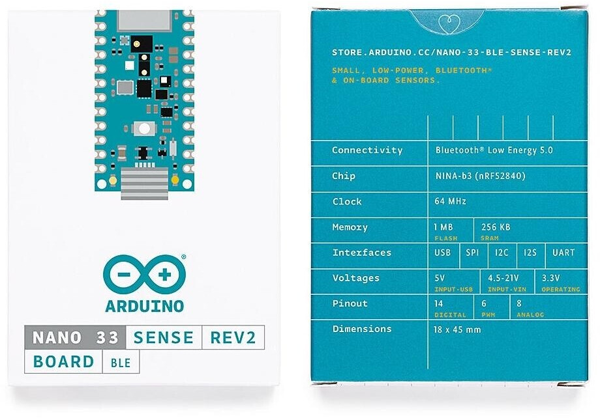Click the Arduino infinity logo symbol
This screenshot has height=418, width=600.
click(x=144, y=275)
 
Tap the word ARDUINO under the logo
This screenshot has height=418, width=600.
click(x=144, y=306)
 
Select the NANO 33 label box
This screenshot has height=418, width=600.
click(x=75, y=338)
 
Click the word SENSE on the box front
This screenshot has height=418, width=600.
click(x=164, y=338)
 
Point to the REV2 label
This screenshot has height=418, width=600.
click(x=233, y=338)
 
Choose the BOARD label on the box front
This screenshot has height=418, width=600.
click(x=63, y=361)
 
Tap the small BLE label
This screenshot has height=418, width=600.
click(x=121, y=363)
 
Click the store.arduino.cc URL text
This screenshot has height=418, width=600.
click(x=451, y=52)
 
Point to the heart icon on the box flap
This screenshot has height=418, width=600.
click(x=449, y=24)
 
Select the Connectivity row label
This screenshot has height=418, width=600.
click(x=367, y=150)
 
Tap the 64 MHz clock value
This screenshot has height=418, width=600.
click(x=450, y=201)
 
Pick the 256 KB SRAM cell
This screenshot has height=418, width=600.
click(x=496, y=229)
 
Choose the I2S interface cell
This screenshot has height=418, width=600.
click(x=530, y=253)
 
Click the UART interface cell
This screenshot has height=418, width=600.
click(x=563, y=253)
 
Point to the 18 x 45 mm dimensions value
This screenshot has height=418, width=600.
click(x=457, y=329)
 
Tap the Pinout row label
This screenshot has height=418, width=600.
click(x=350, y=303)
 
